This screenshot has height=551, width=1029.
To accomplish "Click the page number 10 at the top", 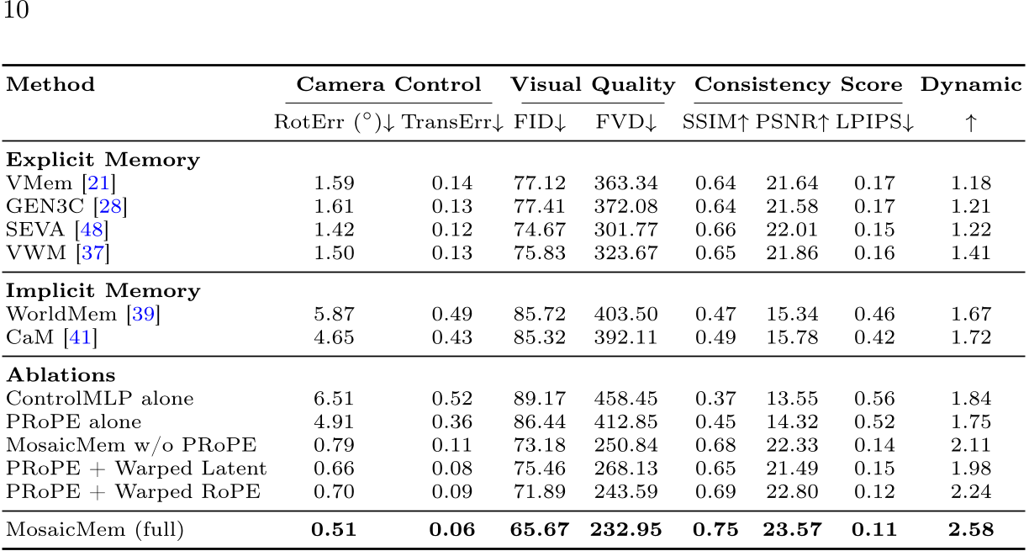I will click(17, 13).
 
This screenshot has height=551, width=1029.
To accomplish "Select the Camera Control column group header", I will click(388, 85).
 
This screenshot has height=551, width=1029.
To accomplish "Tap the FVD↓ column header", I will click(625, 123).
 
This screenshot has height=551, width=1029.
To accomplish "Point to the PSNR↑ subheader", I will click(792, 123).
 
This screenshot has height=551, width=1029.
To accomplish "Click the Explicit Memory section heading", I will click(103, 160).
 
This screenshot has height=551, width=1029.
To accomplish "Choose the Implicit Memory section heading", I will click(103, 291).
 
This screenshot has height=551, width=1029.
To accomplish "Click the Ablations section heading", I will click(61, 375).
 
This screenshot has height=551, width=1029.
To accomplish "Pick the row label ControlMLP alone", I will click(99, 399).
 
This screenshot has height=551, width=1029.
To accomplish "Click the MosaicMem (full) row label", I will click(94, 530).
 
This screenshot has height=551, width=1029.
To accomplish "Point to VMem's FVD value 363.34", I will click(625, 183).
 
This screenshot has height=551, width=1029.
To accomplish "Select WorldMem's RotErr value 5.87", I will click(334, 315).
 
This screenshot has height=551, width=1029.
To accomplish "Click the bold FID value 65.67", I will click(539, 530).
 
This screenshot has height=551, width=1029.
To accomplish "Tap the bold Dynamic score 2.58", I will click(970, 530).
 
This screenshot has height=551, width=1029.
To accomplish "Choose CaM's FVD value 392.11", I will click(625, 338).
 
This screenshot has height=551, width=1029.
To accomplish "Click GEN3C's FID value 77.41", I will click(539, 207).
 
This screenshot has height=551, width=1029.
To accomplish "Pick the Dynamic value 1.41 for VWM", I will click(970, 253).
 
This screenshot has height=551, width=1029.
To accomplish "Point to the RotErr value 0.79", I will click(334, 446).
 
